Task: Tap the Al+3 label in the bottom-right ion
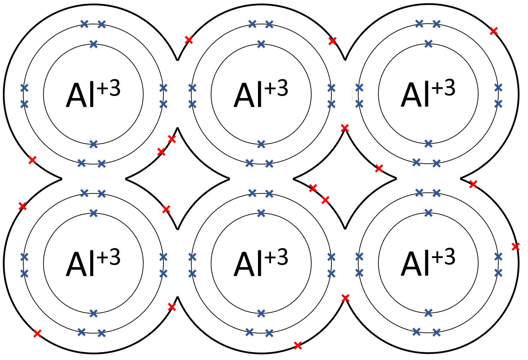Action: coord(428,262)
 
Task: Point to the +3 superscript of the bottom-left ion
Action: coord(109,257)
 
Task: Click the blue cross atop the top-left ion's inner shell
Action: coord(94,44)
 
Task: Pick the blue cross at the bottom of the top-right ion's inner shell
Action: coord(428,144)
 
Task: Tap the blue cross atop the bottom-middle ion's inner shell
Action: coord(261,213)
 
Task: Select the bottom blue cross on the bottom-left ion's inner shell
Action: coord(94,313)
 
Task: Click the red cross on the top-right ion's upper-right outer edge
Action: coord(493,31)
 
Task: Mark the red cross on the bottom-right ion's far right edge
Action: coord(516,247)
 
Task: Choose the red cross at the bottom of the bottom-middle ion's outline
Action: coord(298,346)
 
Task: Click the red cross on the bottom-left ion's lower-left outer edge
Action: coord(37,334)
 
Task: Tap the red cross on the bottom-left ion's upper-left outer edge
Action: coord(23,206)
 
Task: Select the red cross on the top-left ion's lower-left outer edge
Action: coord(32,160)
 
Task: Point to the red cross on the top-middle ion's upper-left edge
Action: coord(189,40)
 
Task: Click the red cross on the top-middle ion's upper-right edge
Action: coord(332,41)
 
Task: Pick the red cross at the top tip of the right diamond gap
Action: coord(345,128)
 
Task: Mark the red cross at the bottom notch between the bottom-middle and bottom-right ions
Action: coord(346,298)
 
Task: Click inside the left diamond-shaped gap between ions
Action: coord(178,179)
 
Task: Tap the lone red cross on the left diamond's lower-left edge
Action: coord(166,209)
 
